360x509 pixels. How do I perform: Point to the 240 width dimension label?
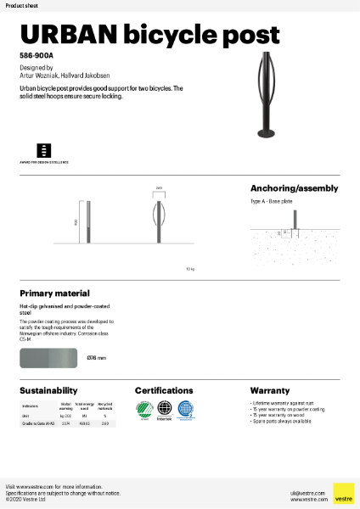click(159, 189)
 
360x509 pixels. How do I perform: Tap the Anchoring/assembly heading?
click(294, 188)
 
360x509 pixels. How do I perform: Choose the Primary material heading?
click(54, 293)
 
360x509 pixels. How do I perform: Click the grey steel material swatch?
click(49, 358)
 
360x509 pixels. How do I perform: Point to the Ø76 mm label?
click(97, 358)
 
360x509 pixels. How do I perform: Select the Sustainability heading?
click(48, 391)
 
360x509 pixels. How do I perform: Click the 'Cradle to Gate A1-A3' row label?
click(37, 423)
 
